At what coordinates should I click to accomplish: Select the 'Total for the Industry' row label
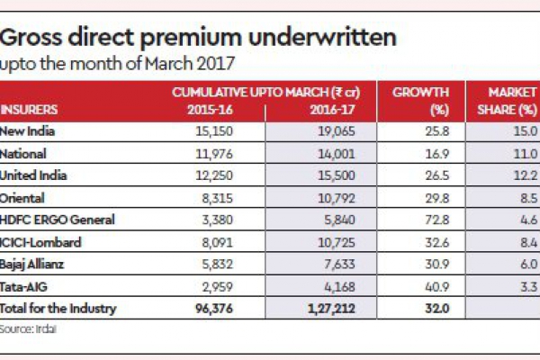pyautogui.click(x=58, y=308)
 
